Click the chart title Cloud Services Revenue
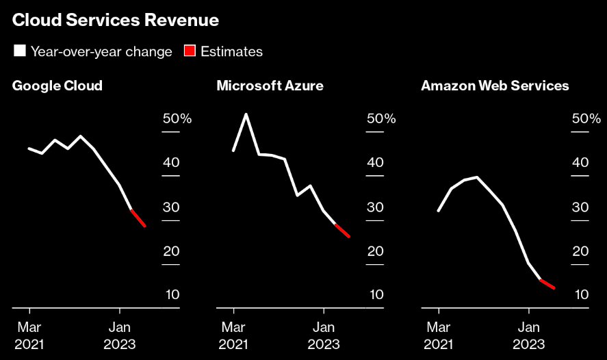coord(116,21)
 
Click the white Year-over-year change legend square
coord(19,51)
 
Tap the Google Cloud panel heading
coord(57,86)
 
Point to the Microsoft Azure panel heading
coord(270,86)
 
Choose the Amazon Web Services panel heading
coord(495,86)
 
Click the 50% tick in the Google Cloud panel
coord(177,119)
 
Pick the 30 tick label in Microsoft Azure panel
coord(375,207)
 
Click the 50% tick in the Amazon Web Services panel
coord(586,119)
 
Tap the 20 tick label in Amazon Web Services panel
coord(580,251)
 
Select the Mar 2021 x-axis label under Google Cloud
coord(29,335)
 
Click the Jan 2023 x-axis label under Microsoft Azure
coord(324,335)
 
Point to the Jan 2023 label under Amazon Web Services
coord(528,335)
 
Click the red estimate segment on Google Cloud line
coord(138,218)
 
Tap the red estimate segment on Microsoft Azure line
coord(342,231)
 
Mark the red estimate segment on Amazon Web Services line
coord(547,284)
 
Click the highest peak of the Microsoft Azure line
coord(246,114)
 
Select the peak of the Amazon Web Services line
coord(476,177)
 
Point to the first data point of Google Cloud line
coord(29,149)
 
